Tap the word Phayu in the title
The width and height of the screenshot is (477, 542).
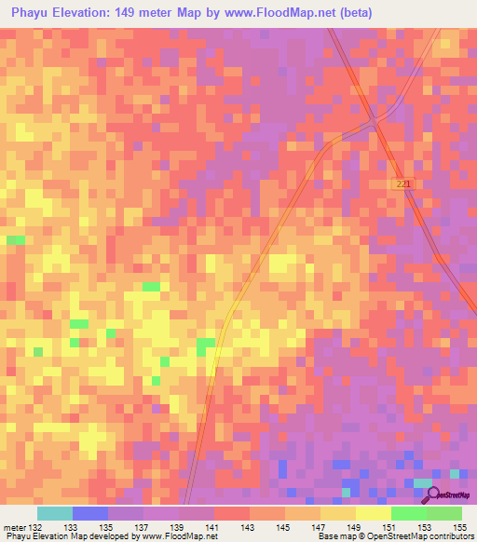tap(28, 13)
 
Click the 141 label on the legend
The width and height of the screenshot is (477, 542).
tap(211, 527)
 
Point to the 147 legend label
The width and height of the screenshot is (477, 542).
tap(319, 527)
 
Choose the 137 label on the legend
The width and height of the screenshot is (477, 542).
tap(141, 527)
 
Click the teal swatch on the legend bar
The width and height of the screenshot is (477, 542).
tap(55, 513)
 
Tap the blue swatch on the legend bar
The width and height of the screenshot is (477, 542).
tap(90, 513)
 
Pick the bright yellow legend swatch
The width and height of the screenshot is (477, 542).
tap(373, 513)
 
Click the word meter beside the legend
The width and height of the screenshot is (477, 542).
tap(13, 527)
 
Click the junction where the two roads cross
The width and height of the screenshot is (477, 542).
tap(374, 120)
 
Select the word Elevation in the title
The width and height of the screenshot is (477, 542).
tap(84, 13)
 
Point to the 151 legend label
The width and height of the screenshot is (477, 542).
tap(390, 527)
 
